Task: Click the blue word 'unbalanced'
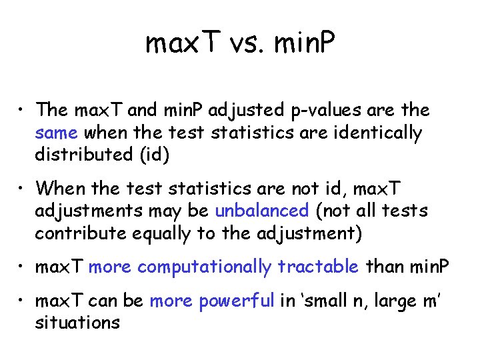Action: click(262, 211)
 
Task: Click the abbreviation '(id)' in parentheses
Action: click(155, 155)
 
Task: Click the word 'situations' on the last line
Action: click(77, 323)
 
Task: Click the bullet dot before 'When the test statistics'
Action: click(22, 189)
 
